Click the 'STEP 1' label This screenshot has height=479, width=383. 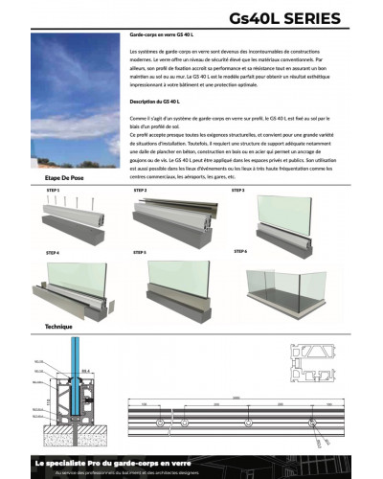click(x=53, y=191)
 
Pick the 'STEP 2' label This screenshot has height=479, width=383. click(x=140, y=190)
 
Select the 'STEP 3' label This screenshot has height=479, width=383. click(x=237, y=190)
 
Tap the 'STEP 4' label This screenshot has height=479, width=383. click(x=53, y=252)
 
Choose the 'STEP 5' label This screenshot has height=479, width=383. click(x=140, y=251)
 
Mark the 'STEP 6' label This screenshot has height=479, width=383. click(x=240, y=251)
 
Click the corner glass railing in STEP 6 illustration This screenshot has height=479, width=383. click(x=287, y=278)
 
